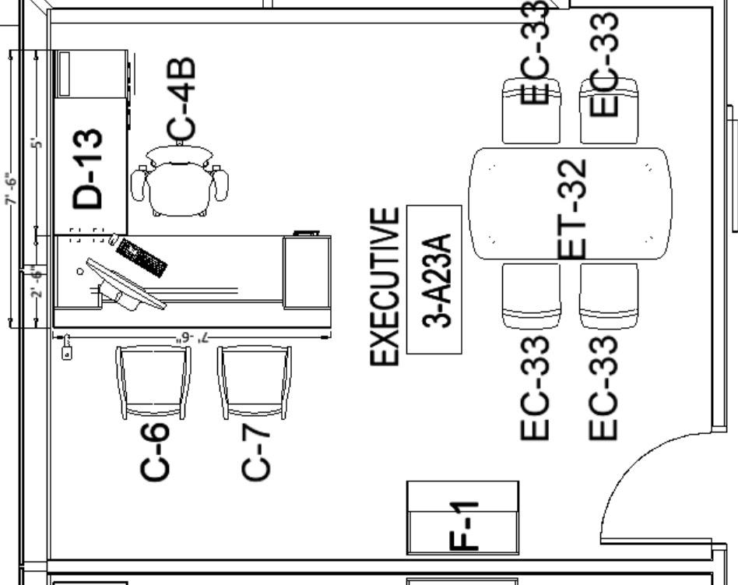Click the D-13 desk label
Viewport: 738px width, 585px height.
click(x=87, y=169)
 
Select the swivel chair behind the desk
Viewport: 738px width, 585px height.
click(x=180, y=183)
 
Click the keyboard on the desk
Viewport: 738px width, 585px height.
click(x=141, y=258)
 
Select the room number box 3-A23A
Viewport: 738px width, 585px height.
click(x=434, y=279)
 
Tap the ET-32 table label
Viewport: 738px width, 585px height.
click(x=573, y=209)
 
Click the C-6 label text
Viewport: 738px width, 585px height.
click(x=154, y=452)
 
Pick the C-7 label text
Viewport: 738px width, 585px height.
click(x=257, y=452)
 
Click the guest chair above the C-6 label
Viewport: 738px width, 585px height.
click(x=153, y=382)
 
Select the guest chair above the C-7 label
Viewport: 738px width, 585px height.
click(x=255, y=382)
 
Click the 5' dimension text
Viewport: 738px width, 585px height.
click(x=35, y=143)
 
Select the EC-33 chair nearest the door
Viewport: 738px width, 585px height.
click(x=608, y=296)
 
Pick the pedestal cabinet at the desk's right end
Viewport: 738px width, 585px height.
click(x=307, y=272)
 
